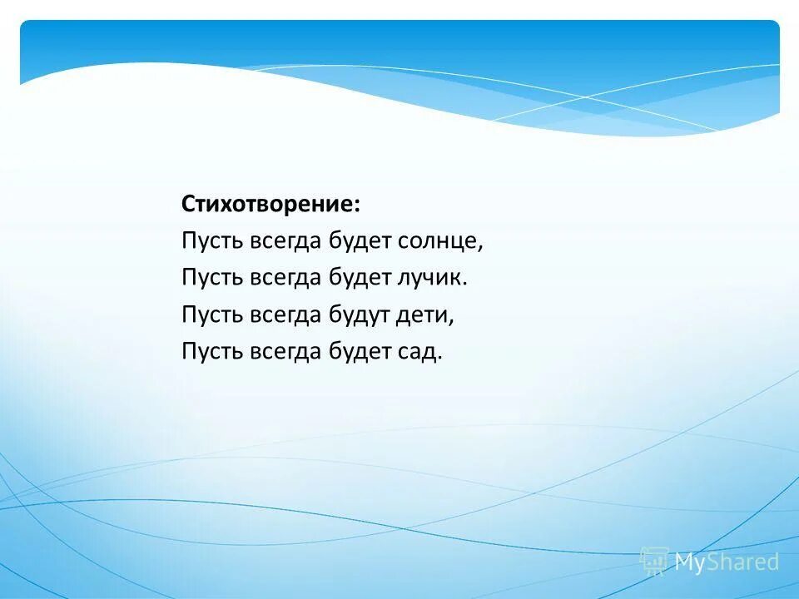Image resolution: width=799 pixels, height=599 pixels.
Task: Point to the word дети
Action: click(429, 314)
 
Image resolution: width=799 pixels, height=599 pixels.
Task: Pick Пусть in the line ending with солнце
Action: click(211, 241)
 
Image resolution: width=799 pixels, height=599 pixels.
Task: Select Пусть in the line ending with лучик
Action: click(211, 277)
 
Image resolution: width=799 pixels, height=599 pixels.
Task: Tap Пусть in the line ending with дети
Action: click(211, 314)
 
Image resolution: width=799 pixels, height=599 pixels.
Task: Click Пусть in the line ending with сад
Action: click(211, 351)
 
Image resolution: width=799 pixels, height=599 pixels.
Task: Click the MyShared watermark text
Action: click(727, 562)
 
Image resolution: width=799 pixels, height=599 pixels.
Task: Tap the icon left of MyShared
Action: click(654, 562)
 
